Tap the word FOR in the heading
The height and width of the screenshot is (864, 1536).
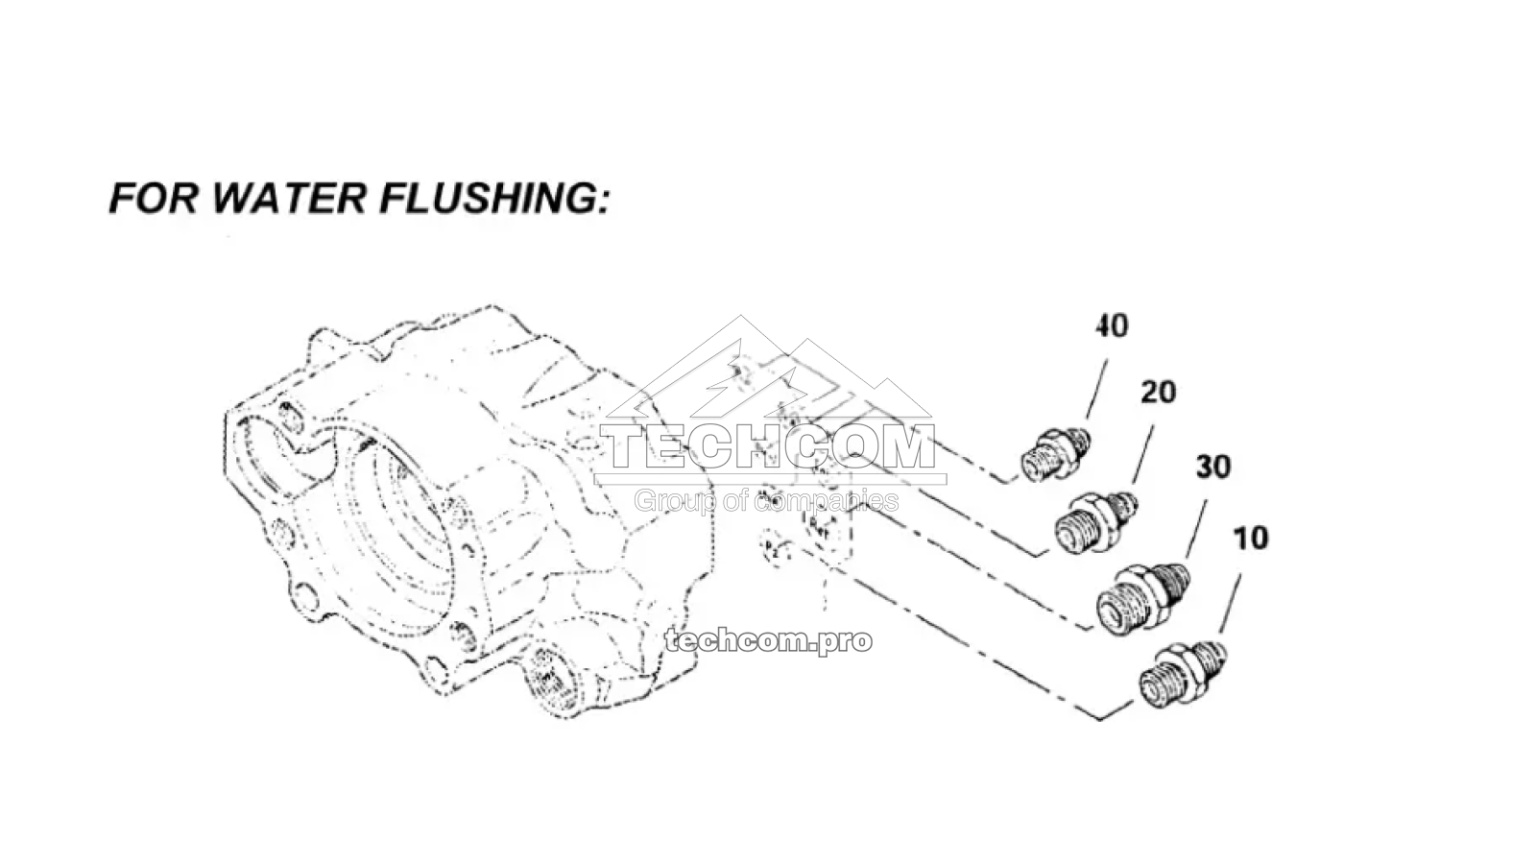[x=154, y=198]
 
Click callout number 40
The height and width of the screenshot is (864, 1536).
[x=1112, y=326]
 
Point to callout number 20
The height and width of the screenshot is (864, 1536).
[x=1158, y=392]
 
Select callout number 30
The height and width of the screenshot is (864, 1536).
[x=1212, y=468]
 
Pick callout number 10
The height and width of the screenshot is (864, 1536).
[x=1250, y=538]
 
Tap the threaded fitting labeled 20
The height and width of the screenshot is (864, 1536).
[x=1094, y=521]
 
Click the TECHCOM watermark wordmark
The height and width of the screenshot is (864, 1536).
[x=768, y=447]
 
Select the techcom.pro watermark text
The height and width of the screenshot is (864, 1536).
[x=768, y=640]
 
